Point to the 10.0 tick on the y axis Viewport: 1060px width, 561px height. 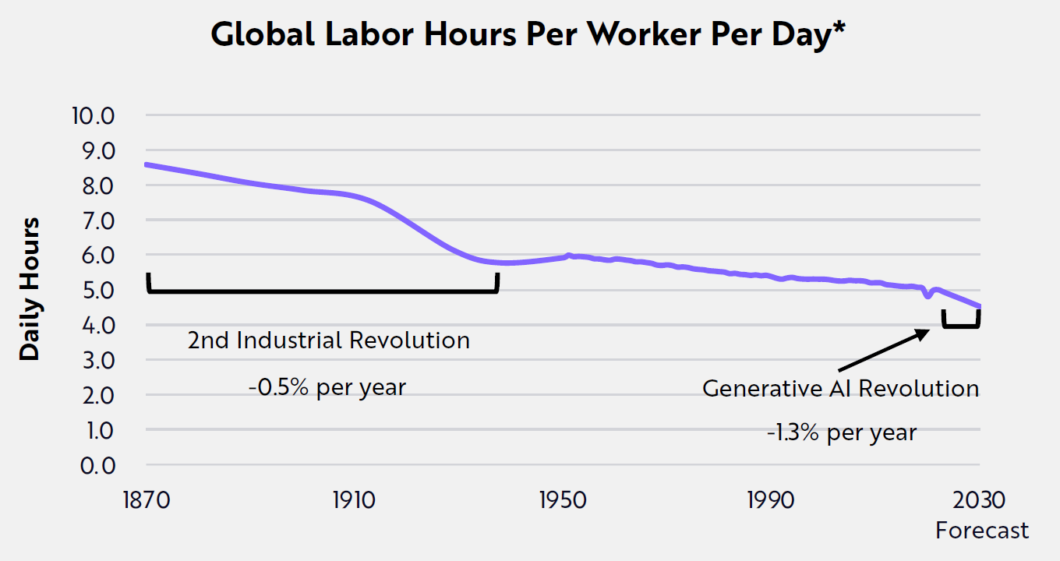click(92, 116)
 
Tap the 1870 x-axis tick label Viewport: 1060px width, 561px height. click(146, 499)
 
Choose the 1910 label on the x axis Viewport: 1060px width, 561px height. click(354, 499)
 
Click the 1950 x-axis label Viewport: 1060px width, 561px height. click(562, 499)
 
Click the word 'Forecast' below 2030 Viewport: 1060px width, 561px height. click(982, 531)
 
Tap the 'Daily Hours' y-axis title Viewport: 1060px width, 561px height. click(30, 289)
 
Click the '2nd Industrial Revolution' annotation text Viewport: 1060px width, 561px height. click(328, 340)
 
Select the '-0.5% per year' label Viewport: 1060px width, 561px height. click(328, 386)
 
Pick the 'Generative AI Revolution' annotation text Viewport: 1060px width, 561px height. click(840, 388)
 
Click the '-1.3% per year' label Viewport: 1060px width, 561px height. click(842, 432)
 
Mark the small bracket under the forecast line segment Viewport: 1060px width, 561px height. click(960, 325)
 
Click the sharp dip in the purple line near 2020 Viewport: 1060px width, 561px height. click(927, 295)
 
